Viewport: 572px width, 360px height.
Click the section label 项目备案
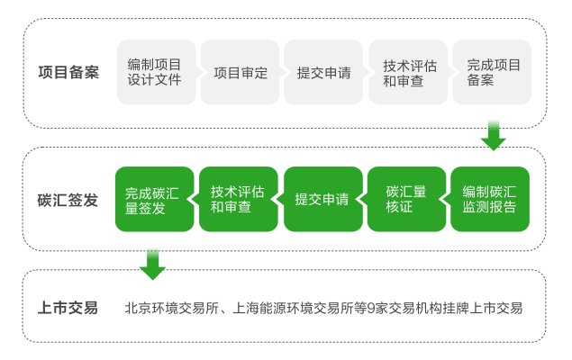[68, 72]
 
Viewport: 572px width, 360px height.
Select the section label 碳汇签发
[68, 200]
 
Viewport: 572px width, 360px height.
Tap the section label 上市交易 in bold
[68, 308]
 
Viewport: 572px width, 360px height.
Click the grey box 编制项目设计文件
[157, 72]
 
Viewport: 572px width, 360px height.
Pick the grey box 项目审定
[240, 72]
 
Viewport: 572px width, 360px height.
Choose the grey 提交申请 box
[323, 72]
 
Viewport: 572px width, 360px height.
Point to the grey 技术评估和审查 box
[408, 72]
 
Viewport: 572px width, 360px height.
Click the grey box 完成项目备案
[492, 72]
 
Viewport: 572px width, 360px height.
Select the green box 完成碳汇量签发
[155, 199]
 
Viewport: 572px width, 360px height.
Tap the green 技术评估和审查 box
[239, 199]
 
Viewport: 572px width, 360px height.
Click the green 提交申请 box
[323, 199]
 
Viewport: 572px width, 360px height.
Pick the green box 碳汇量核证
[407, 199]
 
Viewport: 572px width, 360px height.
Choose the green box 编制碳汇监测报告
[490, 199]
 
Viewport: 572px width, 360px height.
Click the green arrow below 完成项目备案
[494, 136]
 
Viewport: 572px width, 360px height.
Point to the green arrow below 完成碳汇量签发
[152, 265]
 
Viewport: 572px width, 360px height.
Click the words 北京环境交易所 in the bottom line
[171, 309]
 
